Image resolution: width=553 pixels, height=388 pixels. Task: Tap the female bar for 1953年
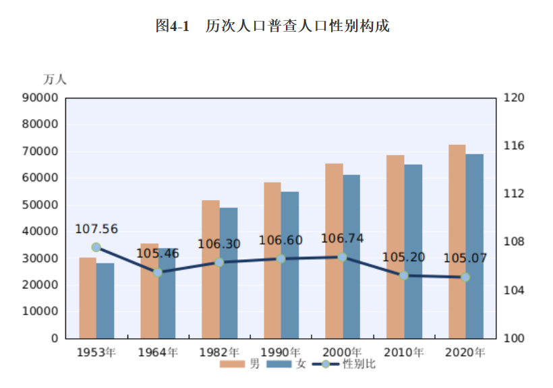coord(105,300)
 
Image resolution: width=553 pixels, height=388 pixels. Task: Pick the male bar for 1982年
coord(210,269)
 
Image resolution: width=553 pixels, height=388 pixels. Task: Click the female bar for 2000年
coord(351,257)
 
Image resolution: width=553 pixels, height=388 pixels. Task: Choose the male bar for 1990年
coord(272,260)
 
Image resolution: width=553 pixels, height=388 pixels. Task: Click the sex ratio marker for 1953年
coord(96,247)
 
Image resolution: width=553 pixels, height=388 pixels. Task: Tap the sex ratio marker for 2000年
coord(342,257)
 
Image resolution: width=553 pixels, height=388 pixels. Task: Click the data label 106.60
coord(281,240)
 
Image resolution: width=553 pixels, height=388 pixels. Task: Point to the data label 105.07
coord(465,258)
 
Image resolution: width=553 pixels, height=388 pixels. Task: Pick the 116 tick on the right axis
coord(514,145)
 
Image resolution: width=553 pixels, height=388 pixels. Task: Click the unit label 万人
coord(55,79)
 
